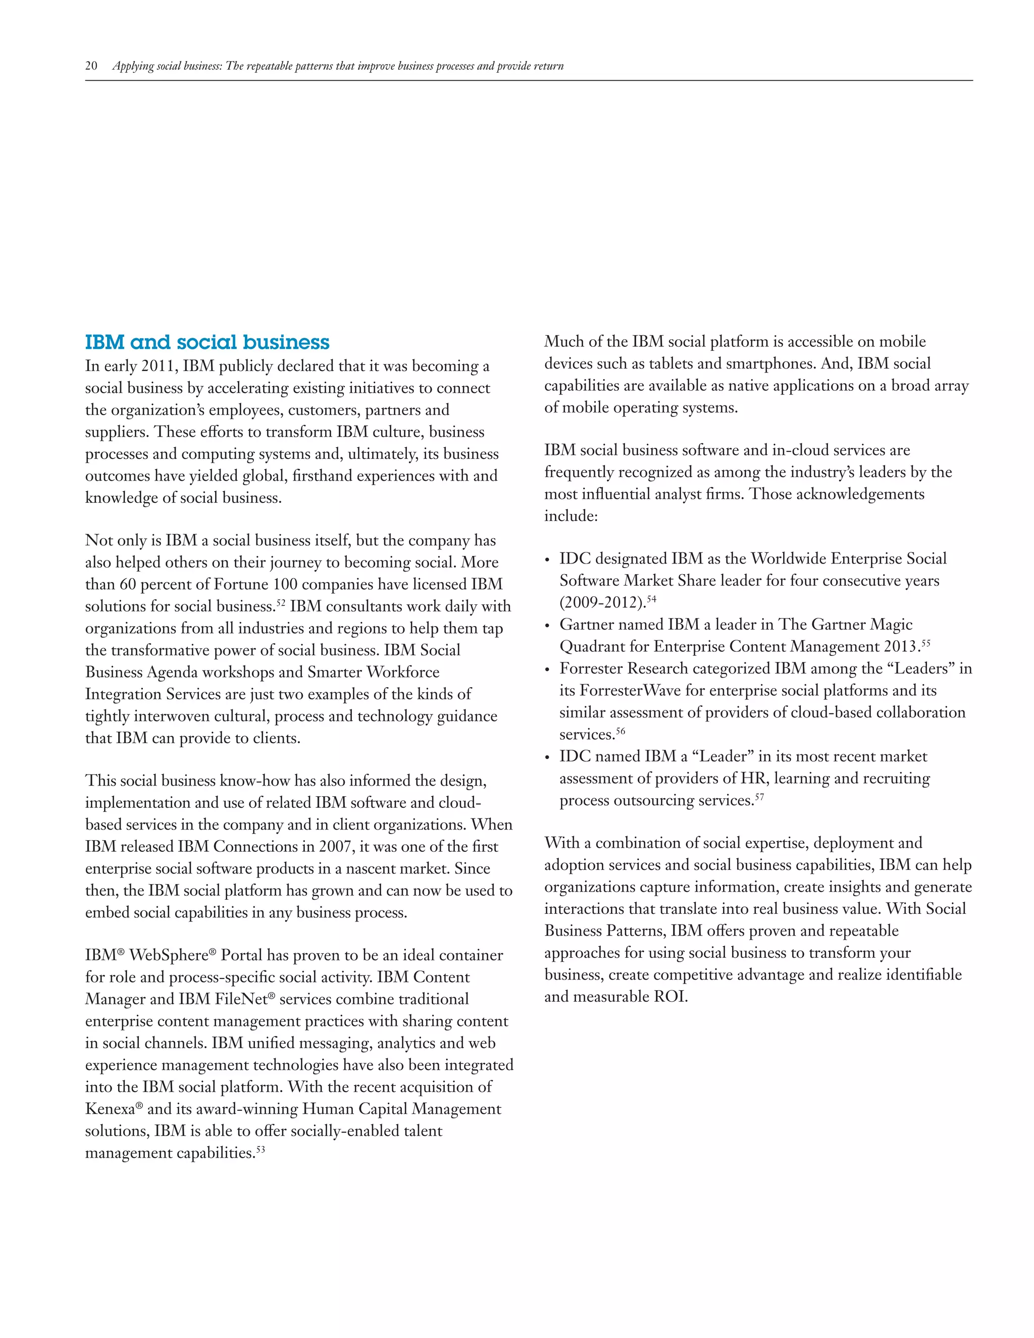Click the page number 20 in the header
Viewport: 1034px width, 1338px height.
[91, 66]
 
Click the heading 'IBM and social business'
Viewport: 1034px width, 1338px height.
[207, 342]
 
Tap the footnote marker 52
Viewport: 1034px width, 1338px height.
[281, 602]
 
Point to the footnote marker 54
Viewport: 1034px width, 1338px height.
[651, 598]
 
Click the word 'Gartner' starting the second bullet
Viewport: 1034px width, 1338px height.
[588, 625]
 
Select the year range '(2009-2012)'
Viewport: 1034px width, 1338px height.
[602, 603]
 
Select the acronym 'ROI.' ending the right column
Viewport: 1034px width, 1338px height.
[671, 997]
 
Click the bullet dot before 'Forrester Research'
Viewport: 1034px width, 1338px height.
[548, 670]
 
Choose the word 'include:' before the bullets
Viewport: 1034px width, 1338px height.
[571, 517]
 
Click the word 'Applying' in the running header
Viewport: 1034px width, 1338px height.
[132, 66]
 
